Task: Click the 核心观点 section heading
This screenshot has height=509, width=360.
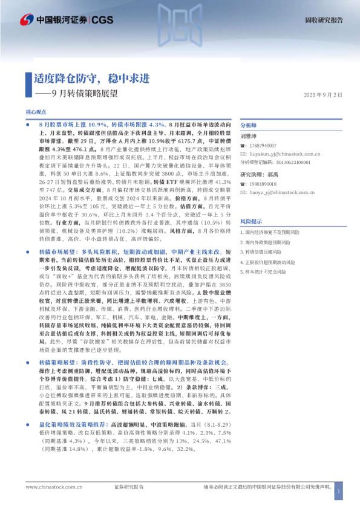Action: tap(36, 112)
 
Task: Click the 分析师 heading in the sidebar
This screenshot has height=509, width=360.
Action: tap(249, 125)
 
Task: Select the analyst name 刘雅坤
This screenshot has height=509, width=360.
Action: tap(249, 137)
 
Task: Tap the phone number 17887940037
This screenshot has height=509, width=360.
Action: tap(262, 146)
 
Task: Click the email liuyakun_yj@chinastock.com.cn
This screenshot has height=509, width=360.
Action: tap(283, 154)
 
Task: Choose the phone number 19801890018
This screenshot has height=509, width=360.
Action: tap(262, 184)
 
